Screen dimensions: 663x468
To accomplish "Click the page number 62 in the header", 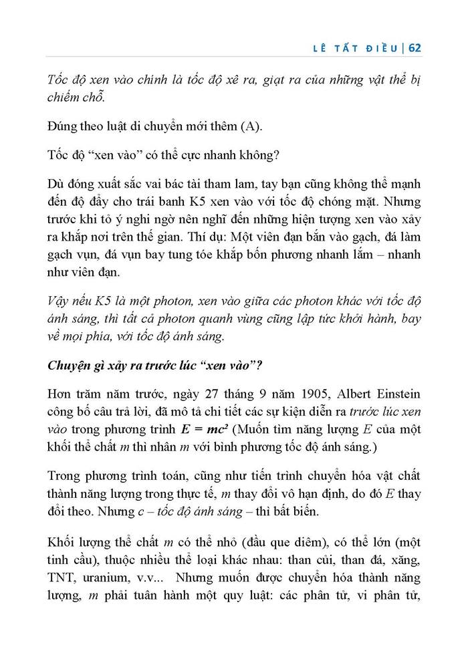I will tap(413, 47).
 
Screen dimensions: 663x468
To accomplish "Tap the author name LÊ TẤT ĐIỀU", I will tap(357, 47).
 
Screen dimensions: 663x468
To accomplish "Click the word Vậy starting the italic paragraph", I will tap(60, 300).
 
